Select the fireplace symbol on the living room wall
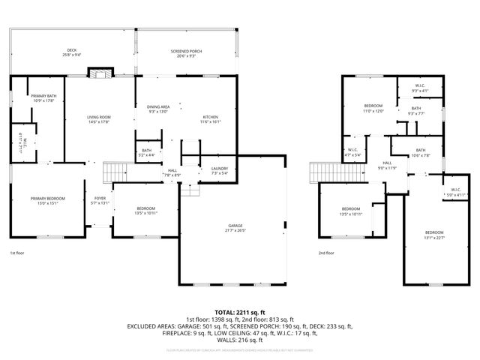100,73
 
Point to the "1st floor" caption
18,253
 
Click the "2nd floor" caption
326,253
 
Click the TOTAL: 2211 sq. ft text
239,311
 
